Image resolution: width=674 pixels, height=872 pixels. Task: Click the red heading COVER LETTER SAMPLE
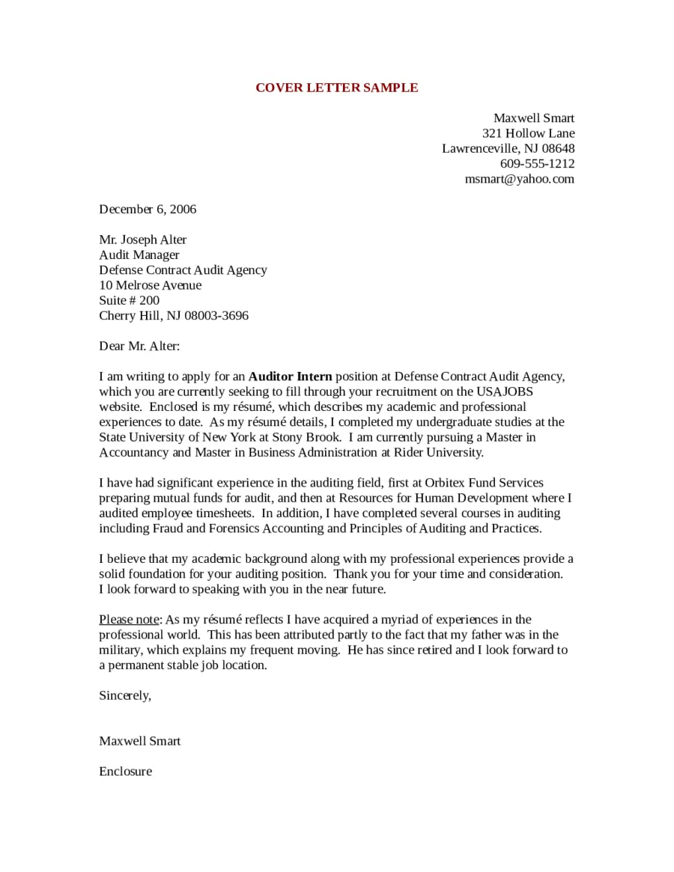[336, 88]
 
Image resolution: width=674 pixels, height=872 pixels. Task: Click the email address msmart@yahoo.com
[519, 179]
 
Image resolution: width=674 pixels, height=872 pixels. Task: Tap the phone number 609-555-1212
[537, 163]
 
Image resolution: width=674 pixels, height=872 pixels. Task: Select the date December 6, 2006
[148, 209]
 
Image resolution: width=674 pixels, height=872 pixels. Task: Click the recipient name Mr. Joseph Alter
[142, 240]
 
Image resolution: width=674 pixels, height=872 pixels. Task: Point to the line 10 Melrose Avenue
[150, 285]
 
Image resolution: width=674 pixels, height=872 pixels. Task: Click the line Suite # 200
[129, 300]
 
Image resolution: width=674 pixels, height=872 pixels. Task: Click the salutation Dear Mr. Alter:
[139, 346]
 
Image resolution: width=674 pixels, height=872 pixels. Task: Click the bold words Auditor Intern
[290, 376]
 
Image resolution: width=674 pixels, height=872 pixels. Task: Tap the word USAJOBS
[505, 391]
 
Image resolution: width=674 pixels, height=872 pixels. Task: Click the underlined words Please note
[128, 619]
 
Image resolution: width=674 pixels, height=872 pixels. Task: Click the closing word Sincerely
[124, 695]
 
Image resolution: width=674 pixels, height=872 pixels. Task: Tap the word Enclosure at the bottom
[125, 771]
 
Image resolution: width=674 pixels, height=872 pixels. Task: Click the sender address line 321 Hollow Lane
[528, 133]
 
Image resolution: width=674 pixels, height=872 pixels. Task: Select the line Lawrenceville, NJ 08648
[508, 148]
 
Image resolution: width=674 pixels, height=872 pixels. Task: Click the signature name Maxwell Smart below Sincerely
[139, 741]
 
